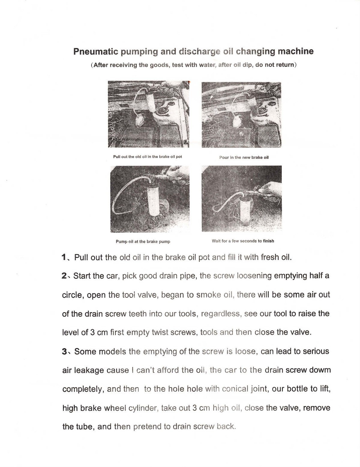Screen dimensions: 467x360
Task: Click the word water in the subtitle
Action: click(207, 65)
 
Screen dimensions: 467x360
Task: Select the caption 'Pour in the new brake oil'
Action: click(244, 157)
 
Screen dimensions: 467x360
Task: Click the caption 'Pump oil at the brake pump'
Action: click(143, 242)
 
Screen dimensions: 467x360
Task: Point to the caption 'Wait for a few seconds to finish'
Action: click(243, 241)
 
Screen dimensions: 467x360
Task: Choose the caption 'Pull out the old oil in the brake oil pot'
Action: click(147, 157)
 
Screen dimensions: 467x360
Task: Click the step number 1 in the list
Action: click(64, 258)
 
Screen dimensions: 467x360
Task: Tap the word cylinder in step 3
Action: click(143, 408)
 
